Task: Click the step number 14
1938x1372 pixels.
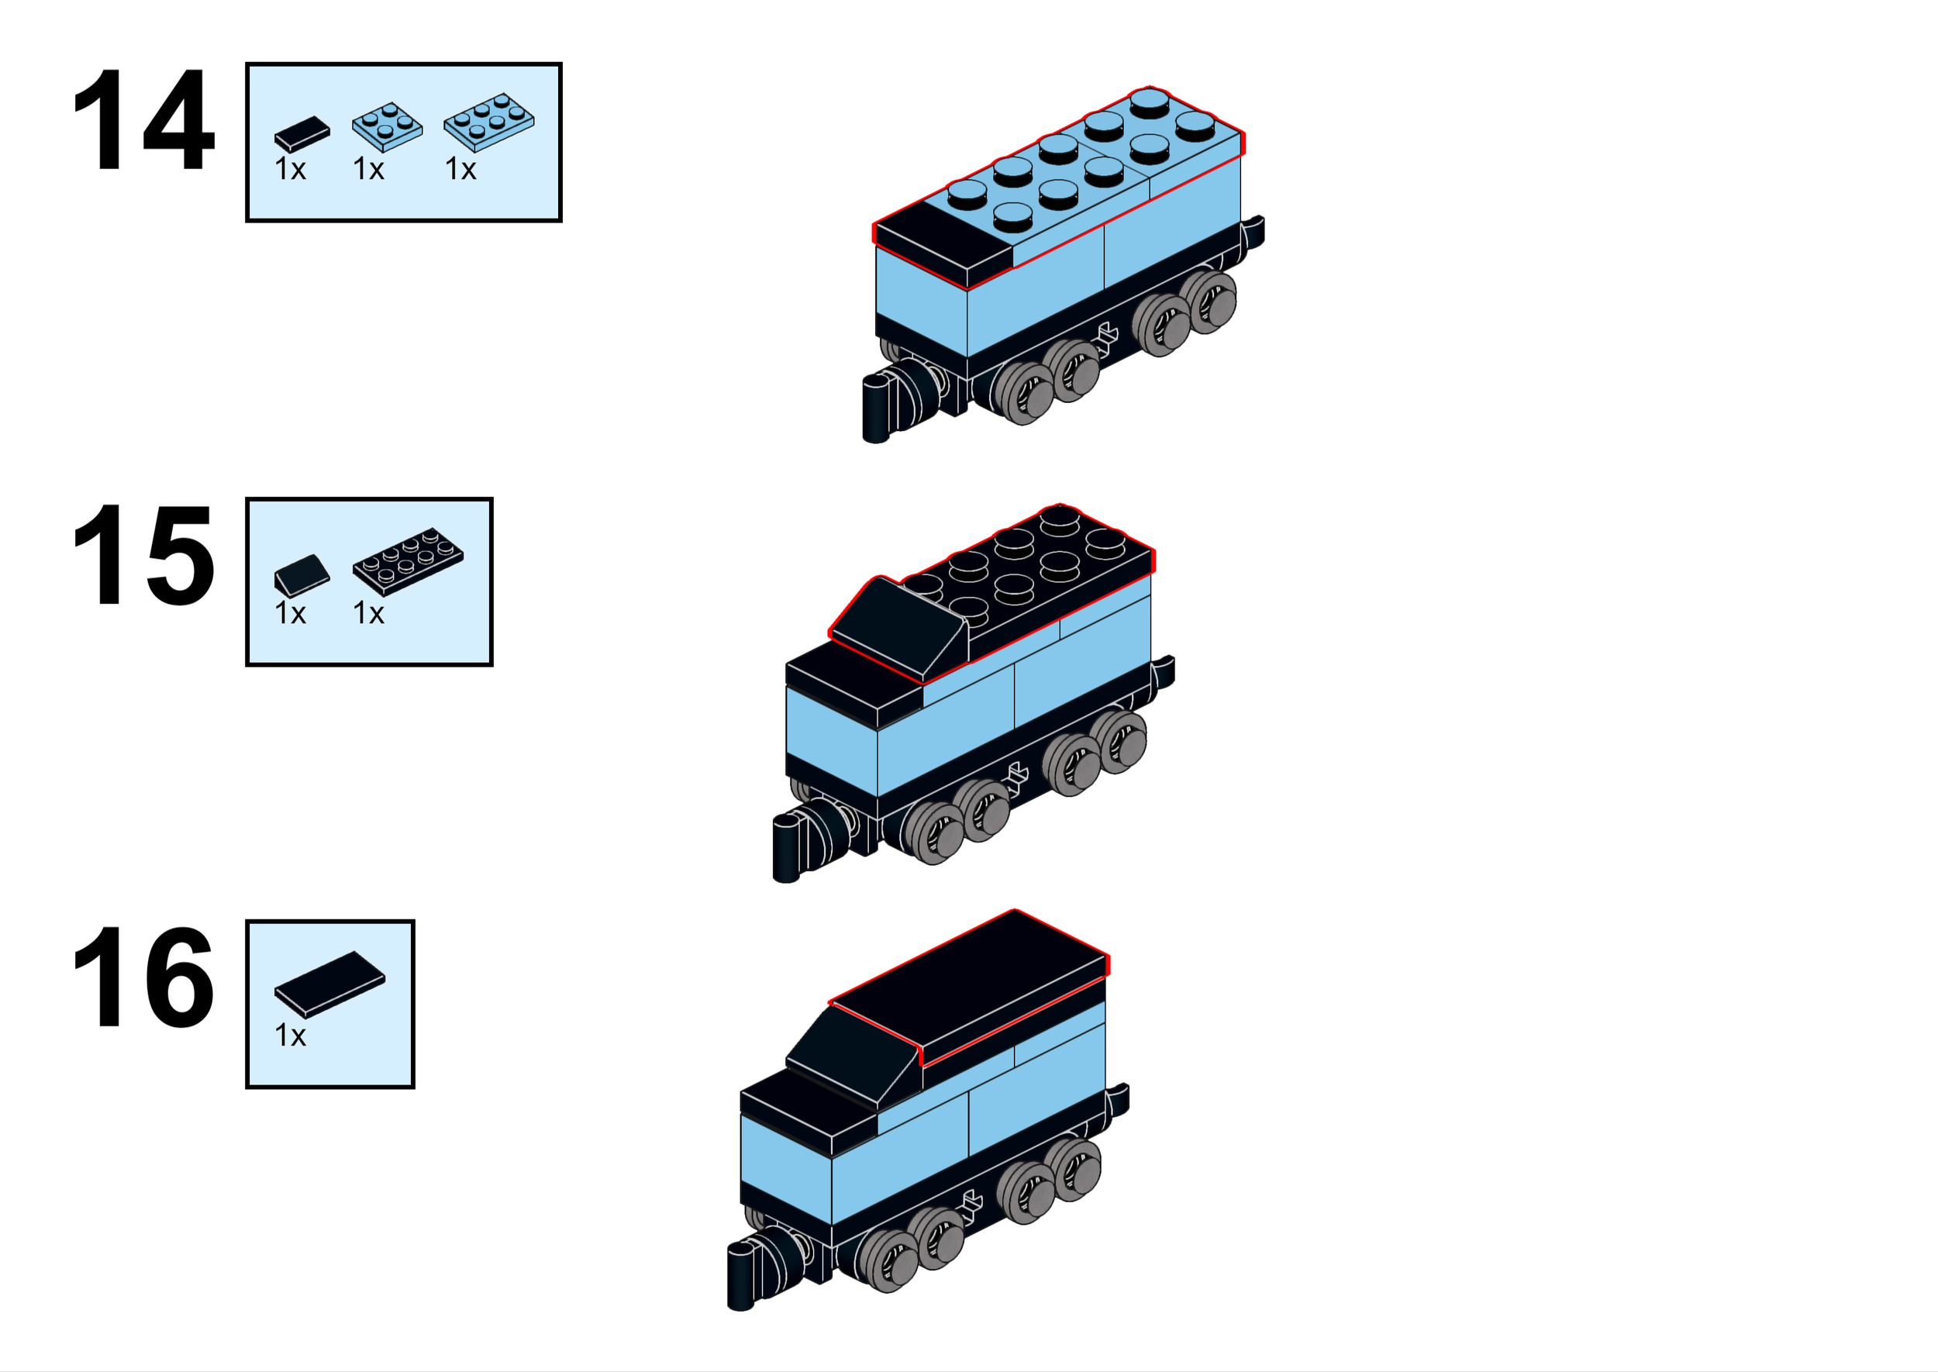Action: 143,120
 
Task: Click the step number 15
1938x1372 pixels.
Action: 143,555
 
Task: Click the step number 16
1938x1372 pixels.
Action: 143,977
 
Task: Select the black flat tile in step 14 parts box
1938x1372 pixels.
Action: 302,133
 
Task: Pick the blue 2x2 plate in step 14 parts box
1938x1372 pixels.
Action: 387,126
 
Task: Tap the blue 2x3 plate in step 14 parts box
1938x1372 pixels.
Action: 489,122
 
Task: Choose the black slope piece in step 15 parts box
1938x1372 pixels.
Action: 302,575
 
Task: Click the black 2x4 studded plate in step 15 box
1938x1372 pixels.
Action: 408,561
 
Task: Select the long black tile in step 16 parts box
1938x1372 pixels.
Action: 329,984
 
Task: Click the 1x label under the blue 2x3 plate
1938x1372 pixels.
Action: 460,170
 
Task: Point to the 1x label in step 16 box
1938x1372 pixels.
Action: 290,1036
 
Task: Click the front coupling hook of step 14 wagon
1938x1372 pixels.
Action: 877,409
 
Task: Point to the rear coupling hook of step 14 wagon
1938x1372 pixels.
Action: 1253,231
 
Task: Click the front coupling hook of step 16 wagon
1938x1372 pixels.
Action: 742,1276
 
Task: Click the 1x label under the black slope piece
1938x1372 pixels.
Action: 290,613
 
